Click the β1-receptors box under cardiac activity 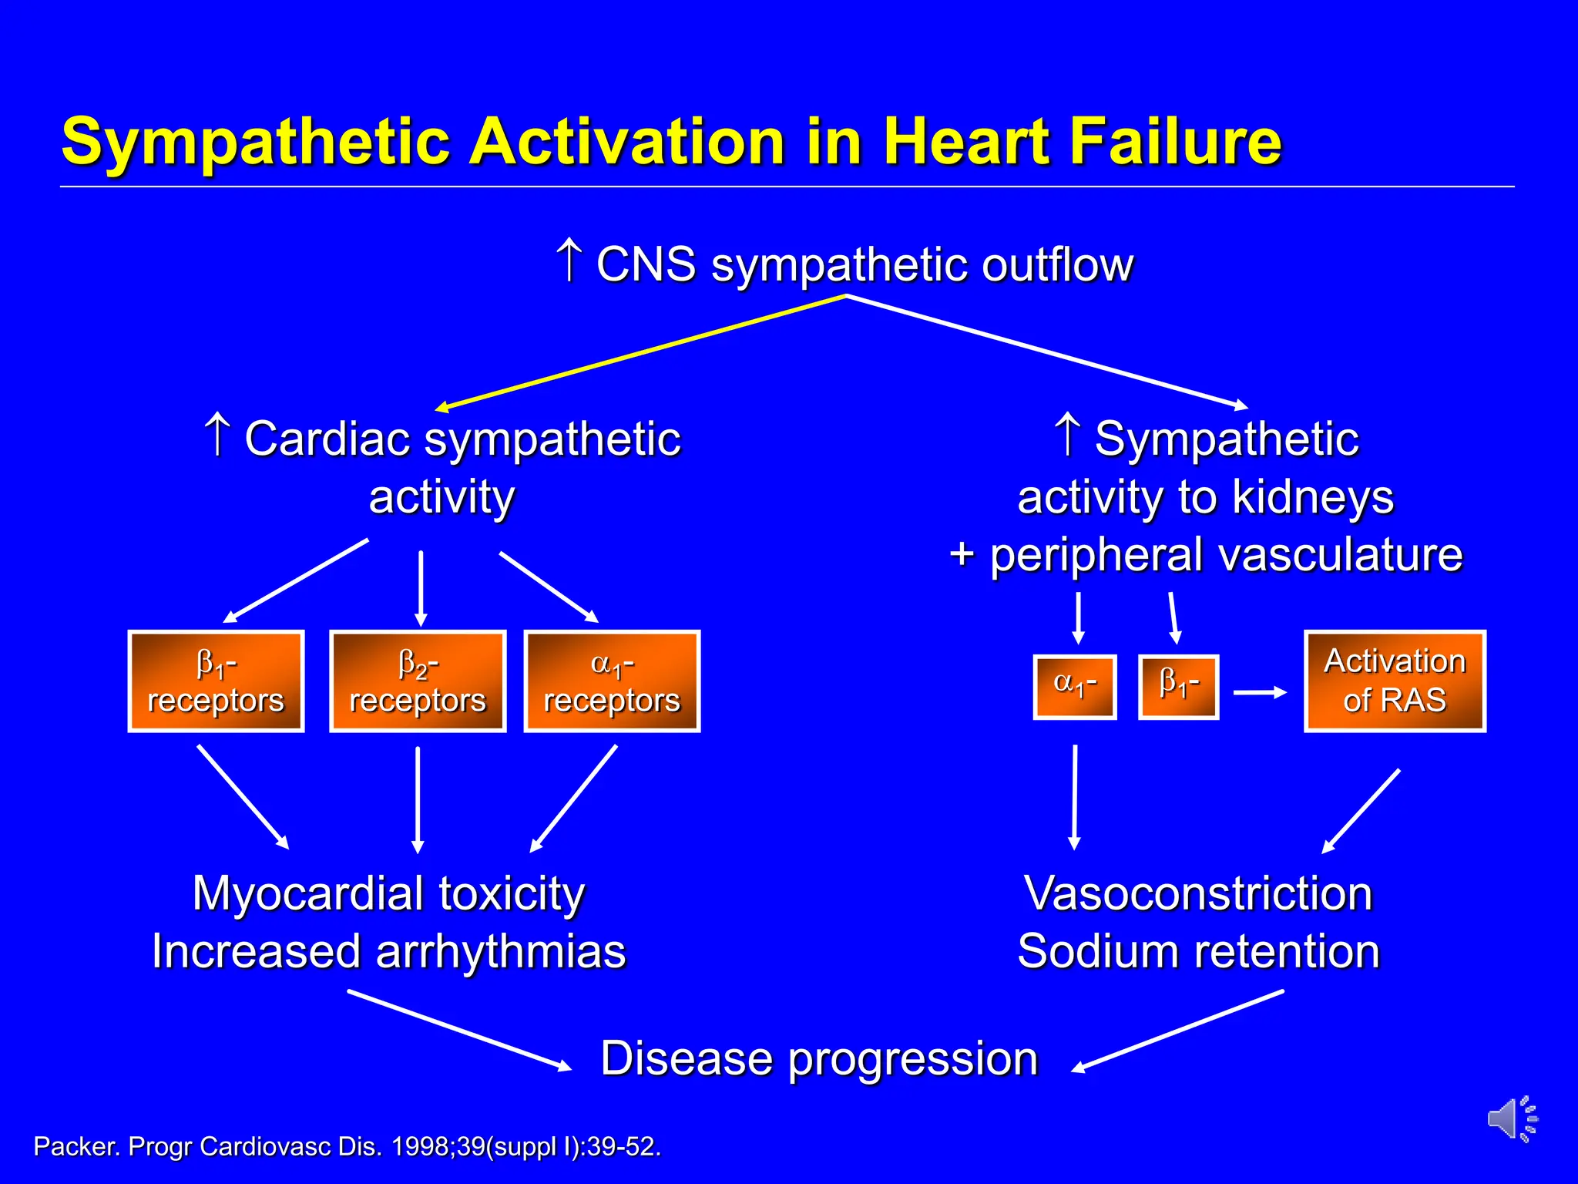[216, 681]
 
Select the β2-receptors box [418, 681]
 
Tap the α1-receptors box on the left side [612, 681]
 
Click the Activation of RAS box [1395, 681]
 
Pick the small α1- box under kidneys [1075, 687]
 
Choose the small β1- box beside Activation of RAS [1178, 687]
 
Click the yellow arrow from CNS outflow [640, 352]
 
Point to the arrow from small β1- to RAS [1260, 692]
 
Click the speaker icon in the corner [1511, 1118]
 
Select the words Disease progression [819, 1058]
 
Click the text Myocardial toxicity [388, 893]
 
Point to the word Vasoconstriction [1198, 893]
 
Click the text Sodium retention [1198, 951]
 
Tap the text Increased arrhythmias [388, 951]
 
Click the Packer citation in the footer [347, 1146]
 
